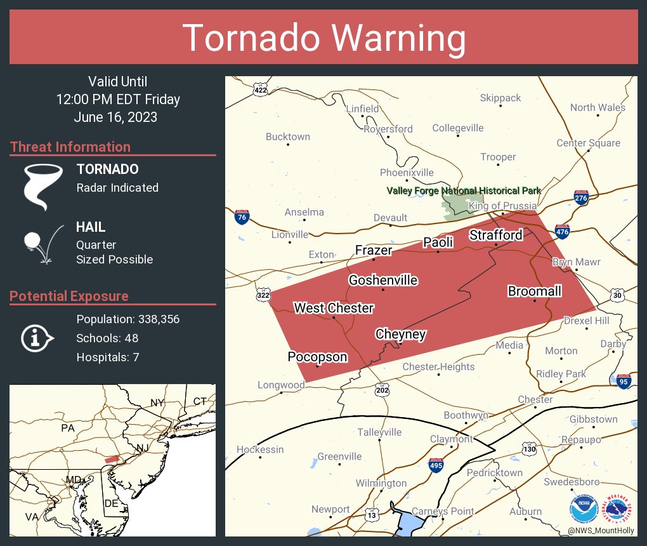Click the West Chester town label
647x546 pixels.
[x=334, y=308]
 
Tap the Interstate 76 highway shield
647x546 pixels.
[x=241, y=217]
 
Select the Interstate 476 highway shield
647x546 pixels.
[x=561, y=232]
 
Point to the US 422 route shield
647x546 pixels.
[x=260, y=90]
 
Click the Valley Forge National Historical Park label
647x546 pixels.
[x=464, y=190]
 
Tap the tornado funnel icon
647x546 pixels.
[x=43, y=186]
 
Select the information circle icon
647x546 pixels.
[x=37, y=338]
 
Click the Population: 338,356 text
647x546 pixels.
[x=127, y=319]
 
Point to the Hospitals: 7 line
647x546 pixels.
[x=107, y=357]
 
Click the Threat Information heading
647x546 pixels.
[x=70, y=147]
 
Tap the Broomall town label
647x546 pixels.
[x=534, y=291]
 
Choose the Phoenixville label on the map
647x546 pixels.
[x=407, y=173]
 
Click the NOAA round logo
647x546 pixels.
[x=584, y=509]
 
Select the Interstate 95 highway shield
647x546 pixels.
[x=624, y=381]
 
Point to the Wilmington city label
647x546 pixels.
[x=381, y=483]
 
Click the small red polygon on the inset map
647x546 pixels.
[x=112, y=459]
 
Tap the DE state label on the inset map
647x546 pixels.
[x=112, y=503]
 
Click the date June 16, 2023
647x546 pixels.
[x=115, y=117]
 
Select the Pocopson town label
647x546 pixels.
[x=317, y=357]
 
